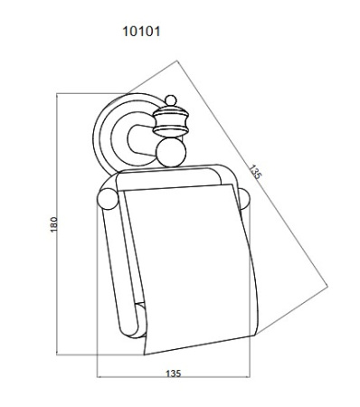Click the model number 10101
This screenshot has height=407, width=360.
pos(141,32)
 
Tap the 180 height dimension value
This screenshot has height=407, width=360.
pos(53,224)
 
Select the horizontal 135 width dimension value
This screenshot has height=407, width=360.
pos(174,374)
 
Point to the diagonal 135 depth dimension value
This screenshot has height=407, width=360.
pos(254,172)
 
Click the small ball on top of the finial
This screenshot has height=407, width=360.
pos(171,100)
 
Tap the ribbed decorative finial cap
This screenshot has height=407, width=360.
pos(171,121)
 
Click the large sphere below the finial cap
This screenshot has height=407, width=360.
pos(171,153)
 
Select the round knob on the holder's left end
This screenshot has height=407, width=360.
pos(108,199)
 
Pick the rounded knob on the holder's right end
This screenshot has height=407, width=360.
pos(244,199)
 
